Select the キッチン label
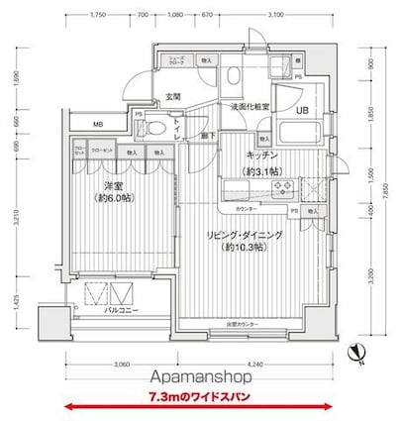point(261,155)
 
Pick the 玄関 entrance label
point(172,96)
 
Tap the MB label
point(98,124)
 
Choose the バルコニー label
point(119,311)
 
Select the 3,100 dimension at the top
point(275,15)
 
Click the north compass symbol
point(355,349)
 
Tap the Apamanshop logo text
point(201,378)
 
